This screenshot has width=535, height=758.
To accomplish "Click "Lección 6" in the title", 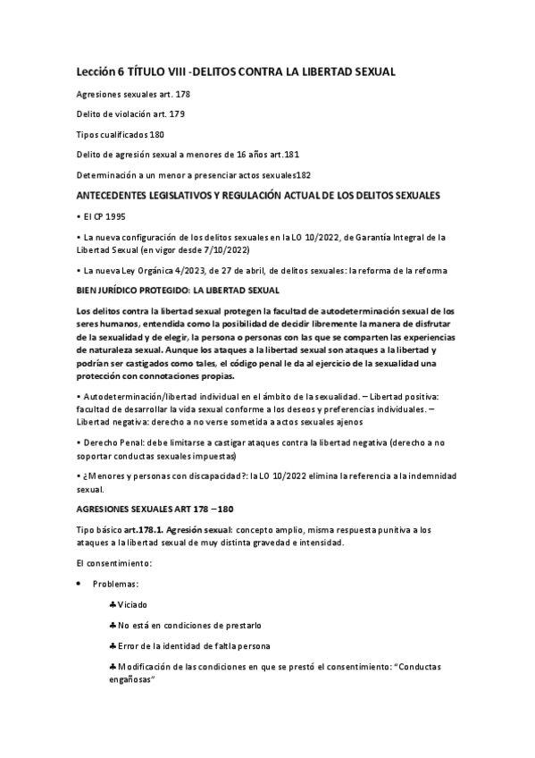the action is click(101, 71).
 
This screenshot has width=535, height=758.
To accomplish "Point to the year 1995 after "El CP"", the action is click(112, 216).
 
